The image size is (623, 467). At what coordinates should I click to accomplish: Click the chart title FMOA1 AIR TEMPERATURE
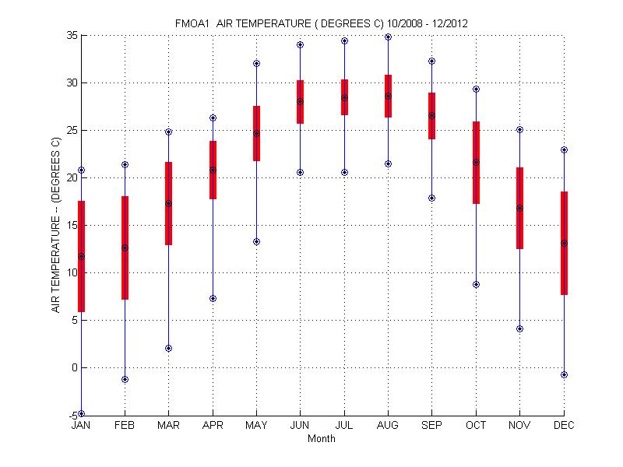tap(321, 23)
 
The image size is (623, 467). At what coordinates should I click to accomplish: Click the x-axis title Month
tap(322, 439)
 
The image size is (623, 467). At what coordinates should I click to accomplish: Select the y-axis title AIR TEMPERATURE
tap(55, 225)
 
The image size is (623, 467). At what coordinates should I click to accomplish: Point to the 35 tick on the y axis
tap(69, 35)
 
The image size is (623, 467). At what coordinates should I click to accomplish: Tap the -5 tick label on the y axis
tap(70, 415)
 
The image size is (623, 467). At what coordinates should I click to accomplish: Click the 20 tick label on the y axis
tap(69, 177)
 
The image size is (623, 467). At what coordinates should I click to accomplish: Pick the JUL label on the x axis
tap(344, 426)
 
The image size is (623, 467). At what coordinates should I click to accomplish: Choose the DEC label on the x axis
tap(564, 426)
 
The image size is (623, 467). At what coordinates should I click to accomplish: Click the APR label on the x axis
tap(213, 426)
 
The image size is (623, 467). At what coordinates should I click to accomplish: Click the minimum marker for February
tap(125, 379)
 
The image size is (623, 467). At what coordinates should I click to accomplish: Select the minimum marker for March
tap(168, 348)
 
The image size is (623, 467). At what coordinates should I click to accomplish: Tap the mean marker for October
tap(476, 162)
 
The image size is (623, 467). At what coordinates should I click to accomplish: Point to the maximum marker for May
tap(256, 63)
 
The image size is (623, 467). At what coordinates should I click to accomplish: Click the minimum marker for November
tap(519, 328)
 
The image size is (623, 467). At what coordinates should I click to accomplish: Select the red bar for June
tap(300, 101)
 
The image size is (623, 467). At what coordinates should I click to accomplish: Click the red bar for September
tap(431, 115)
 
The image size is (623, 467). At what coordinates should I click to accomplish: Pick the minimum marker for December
tap(564, 374)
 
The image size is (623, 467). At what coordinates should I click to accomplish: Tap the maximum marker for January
tap(81, 170)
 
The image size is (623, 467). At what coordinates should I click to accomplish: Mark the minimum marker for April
tap(213, 298)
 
